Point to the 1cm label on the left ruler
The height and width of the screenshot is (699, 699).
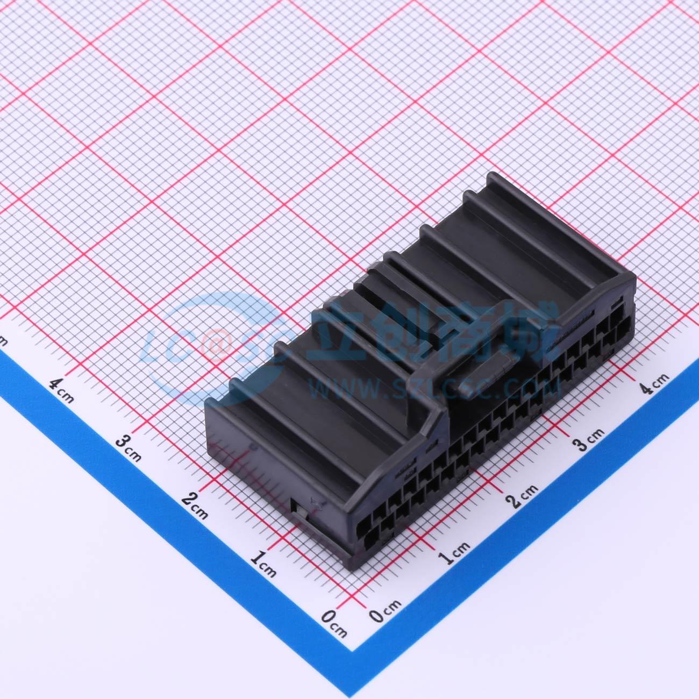click(x=264, y=564)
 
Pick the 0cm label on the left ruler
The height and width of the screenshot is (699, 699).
click(x=334, y=623)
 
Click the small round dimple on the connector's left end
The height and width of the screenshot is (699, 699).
click(x=254, y=446)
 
